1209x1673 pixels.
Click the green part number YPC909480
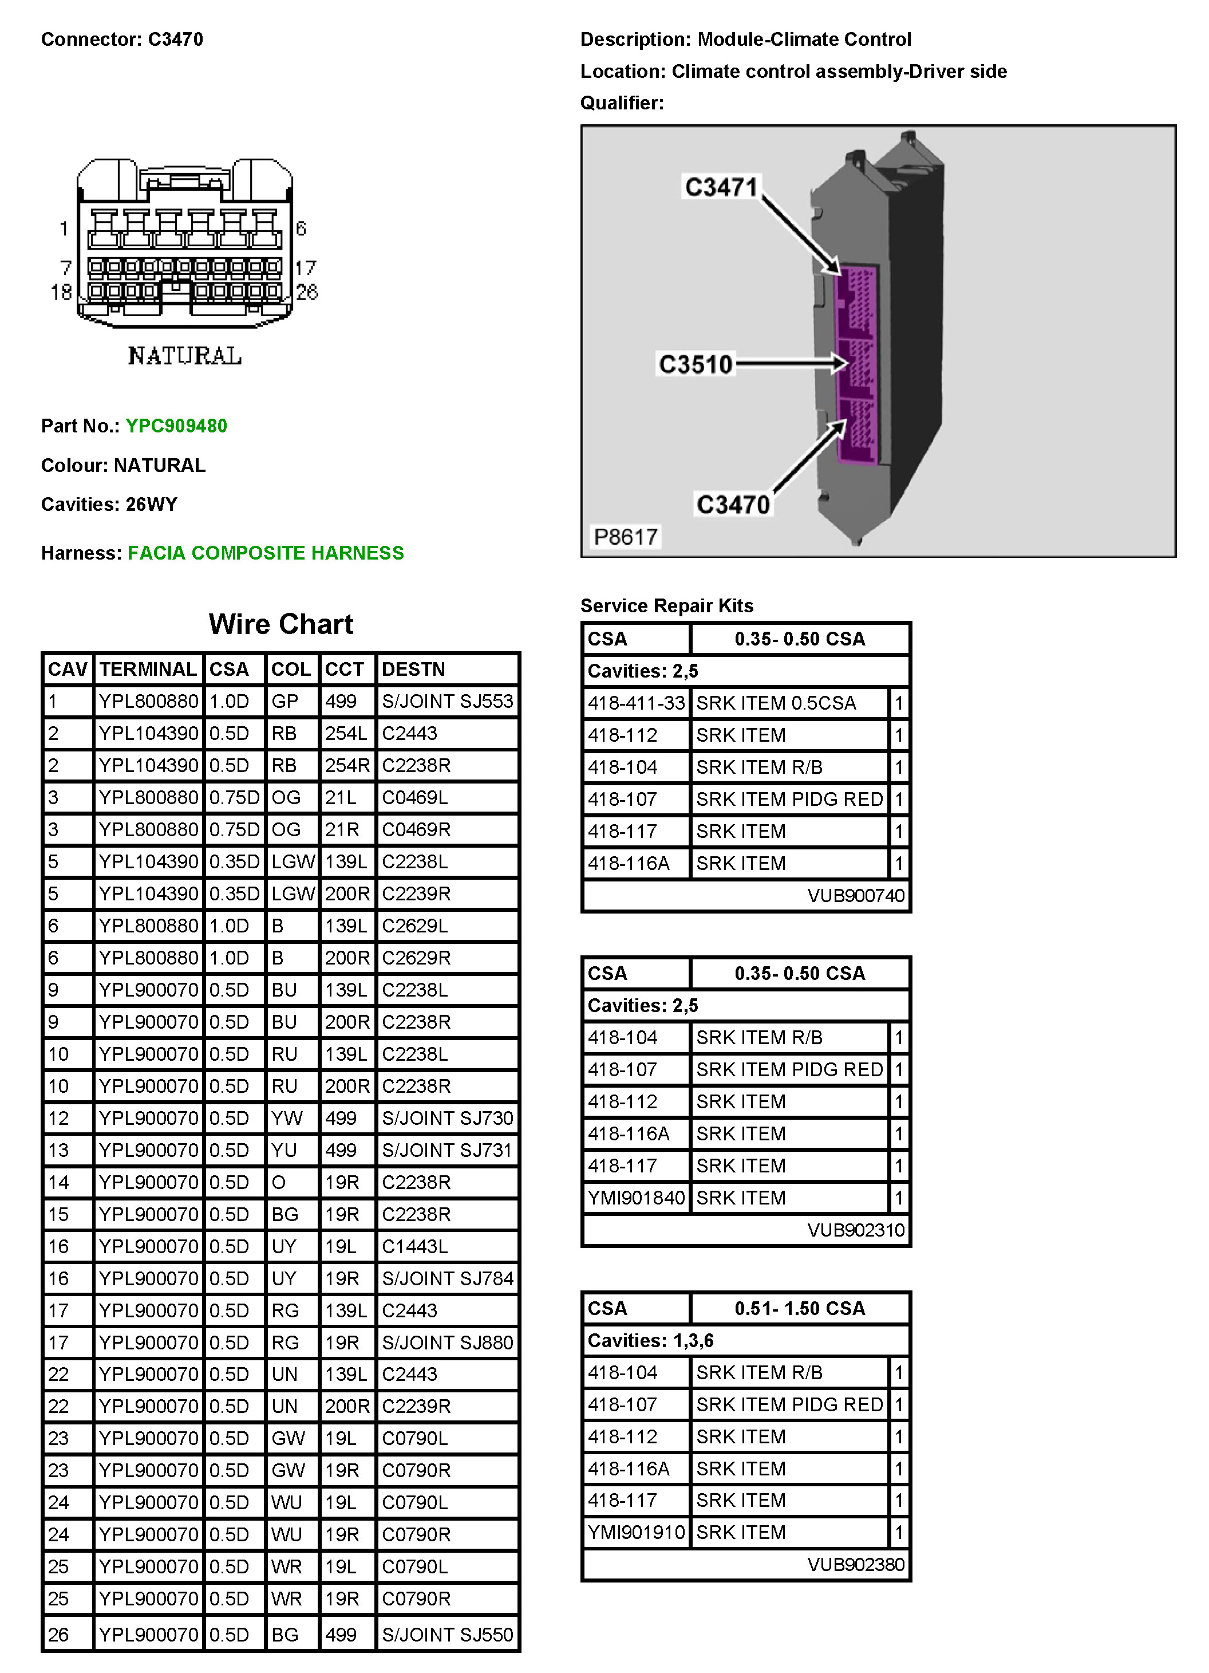tap(176, 426)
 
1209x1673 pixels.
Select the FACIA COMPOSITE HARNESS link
tap(266, 553)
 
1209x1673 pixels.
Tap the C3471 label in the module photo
tap(721, 187)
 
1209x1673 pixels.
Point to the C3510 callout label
tap(695, 364)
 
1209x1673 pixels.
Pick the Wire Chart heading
tap(281, 624)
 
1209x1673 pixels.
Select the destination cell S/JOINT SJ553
tap(447, 701)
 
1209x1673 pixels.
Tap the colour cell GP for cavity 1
tap(285, 701)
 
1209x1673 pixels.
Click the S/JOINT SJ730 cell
tap(447, 1117)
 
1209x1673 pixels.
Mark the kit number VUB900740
tap(855, 896)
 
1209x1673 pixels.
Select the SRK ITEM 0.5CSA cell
tap(776, 703)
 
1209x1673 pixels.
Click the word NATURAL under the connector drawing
tap(184, 356)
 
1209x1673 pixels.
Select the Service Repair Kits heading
tap(666, 605)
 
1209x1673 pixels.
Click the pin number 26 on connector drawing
tap(307, 292)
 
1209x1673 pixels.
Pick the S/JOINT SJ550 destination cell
tap(447, 1634)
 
